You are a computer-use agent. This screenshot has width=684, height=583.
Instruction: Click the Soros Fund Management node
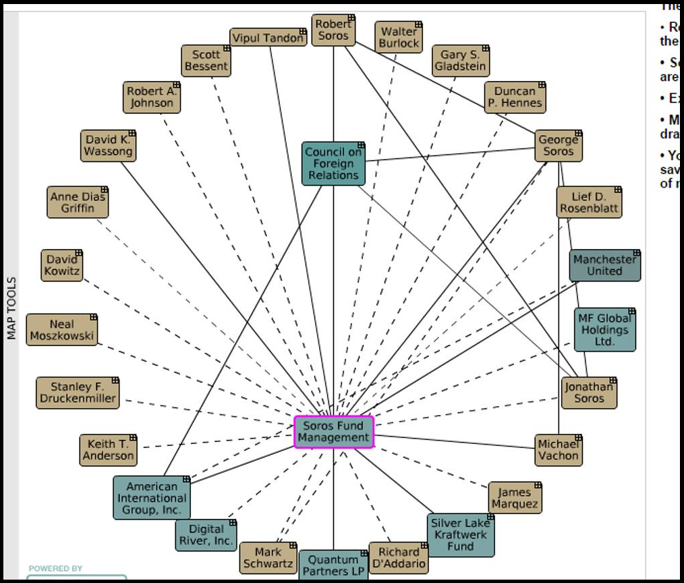pos(334,432)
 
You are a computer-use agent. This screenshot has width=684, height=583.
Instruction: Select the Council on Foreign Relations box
pos(333,163)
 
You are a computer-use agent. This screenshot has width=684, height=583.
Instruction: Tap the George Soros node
pos(558,146)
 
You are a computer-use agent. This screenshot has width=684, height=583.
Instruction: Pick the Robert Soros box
pos(333,30)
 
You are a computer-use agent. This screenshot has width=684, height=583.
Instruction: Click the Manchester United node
pos(604,265)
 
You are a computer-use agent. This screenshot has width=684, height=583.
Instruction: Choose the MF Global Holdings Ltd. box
pos(604,330)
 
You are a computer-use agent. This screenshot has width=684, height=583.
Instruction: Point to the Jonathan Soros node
pos(589,392)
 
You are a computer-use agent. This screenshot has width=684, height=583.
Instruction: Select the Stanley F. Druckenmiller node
pos(78,393)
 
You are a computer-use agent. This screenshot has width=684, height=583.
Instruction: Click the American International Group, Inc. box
pos(152,498)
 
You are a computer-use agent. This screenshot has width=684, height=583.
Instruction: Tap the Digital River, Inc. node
pos(206,534)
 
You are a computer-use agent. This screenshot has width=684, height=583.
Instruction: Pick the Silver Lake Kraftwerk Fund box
pos(461,534)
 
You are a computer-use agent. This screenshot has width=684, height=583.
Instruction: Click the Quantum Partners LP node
pos(333,565)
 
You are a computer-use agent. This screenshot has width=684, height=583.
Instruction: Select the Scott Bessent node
pos(206,61)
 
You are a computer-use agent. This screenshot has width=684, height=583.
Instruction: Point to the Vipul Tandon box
pos(268,38)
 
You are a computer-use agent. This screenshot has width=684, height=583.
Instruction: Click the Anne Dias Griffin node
pos(78,202)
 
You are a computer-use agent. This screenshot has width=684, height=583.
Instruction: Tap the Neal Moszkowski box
pos(62,330)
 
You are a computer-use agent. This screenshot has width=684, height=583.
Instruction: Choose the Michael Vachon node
pos(558,450)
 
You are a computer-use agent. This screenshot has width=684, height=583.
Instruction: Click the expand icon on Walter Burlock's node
pos(418,26)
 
